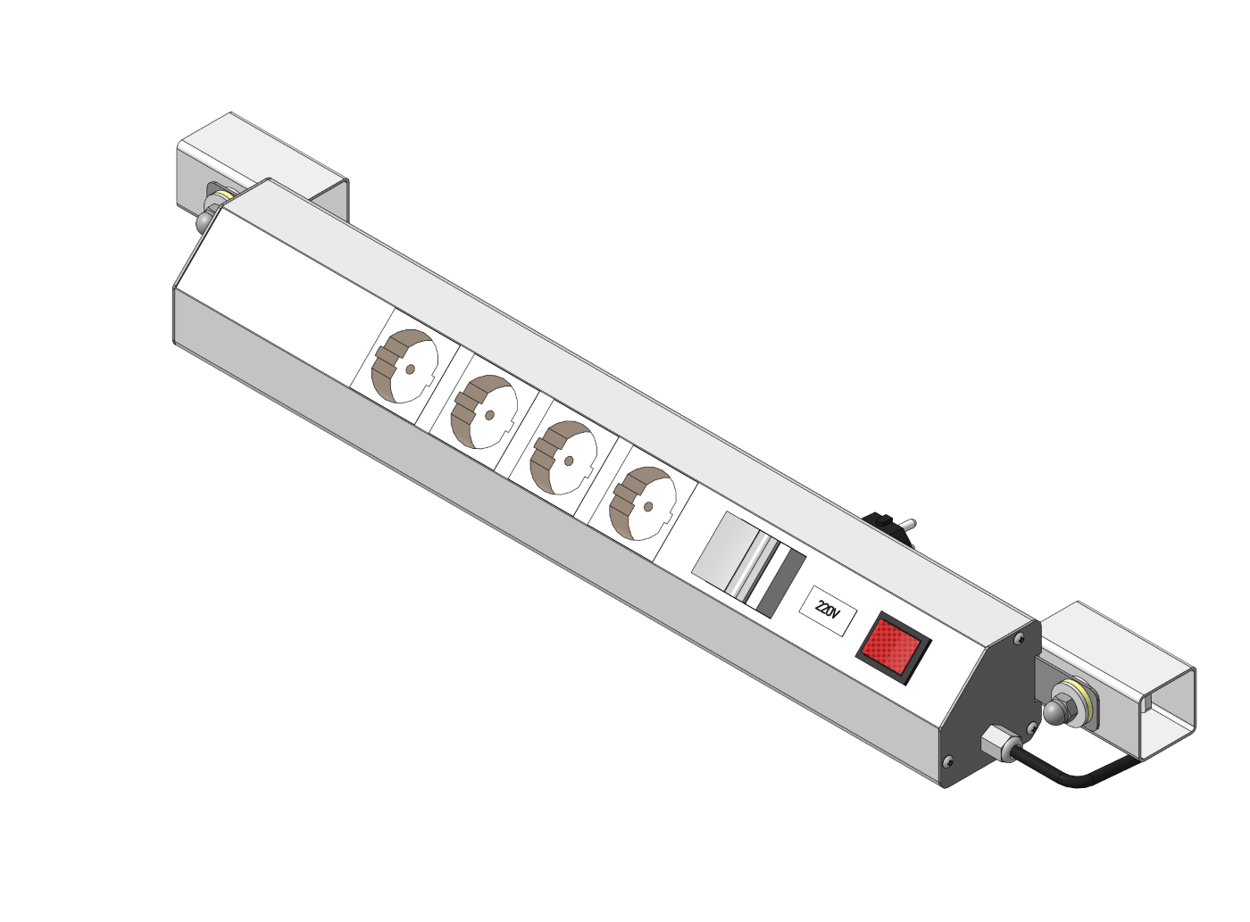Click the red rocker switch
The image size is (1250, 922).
pos(893,648)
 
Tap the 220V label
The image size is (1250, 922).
pos(829,611)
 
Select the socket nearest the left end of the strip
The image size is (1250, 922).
pos(404,366)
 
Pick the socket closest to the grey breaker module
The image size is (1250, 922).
pos(642,503)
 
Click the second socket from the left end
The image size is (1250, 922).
pos(484,412)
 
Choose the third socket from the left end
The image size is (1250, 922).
pos(562,458)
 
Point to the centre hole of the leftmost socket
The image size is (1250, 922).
pos(411,370)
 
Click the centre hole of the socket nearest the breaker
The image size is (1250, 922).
pos(648,507)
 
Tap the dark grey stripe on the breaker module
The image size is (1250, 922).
pos(781,583)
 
